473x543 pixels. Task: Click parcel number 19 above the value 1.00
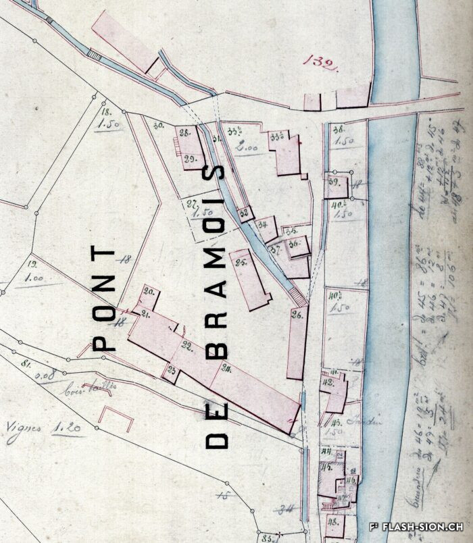click(x=33, y=265)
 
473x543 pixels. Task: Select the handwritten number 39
click(x=333, y=182)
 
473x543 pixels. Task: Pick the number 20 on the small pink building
click(x=149, y=291)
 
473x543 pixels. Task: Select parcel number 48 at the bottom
click(x=332, y=521)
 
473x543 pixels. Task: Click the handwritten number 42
click(x=329, y=382)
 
